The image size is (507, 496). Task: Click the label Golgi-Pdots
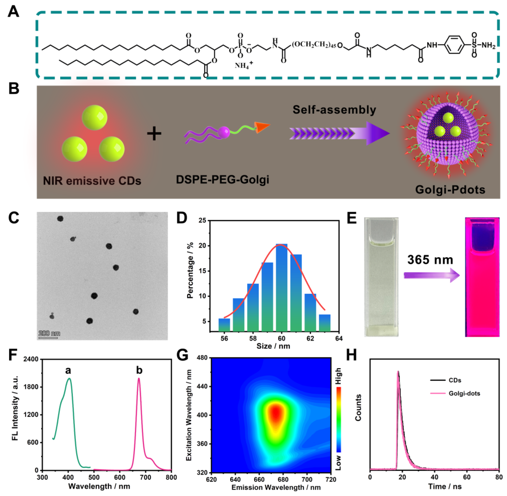pyautogui.click(x=450, y=189)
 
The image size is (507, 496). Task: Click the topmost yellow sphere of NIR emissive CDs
pyautogui.click(x=95, y=118)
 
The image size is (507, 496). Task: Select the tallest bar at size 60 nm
pyautogui.click(x=281, y=287)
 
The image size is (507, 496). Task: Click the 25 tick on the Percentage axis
pyautogui.click(x=202, y=221)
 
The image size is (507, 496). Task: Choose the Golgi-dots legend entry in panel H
pyautogui.click(x=464, y=393)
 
